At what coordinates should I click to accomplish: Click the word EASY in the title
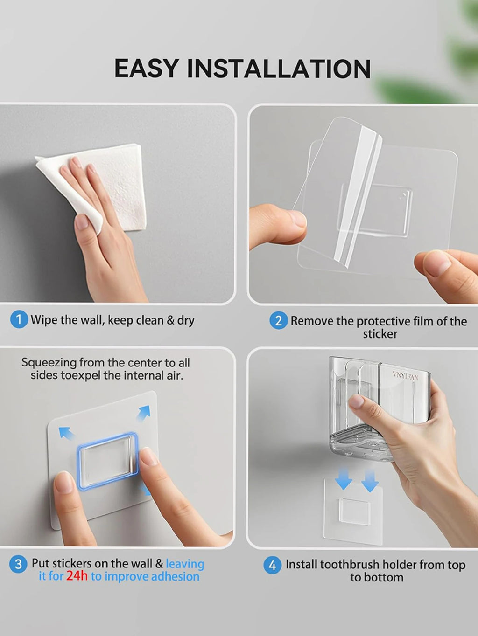coord(146,69)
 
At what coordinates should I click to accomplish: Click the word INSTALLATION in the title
coord(279,69)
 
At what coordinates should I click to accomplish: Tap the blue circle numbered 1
coord(19,319)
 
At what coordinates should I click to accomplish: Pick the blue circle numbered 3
coord(18,564)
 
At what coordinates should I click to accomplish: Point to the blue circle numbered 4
coord(272,565)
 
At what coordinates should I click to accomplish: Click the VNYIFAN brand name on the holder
coord(406,376)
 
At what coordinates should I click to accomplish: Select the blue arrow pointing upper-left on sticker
coord(67,434)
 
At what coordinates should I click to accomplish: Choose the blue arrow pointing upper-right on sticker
coord(144,413)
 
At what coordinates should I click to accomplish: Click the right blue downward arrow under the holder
coord(370,481)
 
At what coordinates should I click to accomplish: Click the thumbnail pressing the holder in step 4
coord(356,402)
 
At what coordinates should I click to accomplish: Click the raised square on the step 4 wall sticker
coord(354,511)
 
